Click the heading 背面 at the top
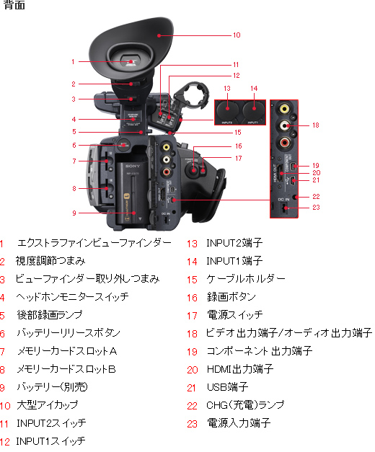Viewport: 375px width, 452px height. point(14,6)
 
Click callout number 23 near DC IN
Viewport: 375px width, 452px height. point(315,208)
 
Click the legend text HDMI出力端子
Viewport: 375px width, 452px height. point(239,369)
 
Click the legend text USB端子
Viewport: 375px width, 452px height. point(227,387)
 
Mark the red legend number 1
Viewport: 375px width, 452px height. point(3,243)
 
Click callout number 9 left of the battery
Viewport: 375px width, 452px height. point(74,213)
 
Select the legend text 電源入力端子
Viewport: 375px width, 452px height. point(239,423)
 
